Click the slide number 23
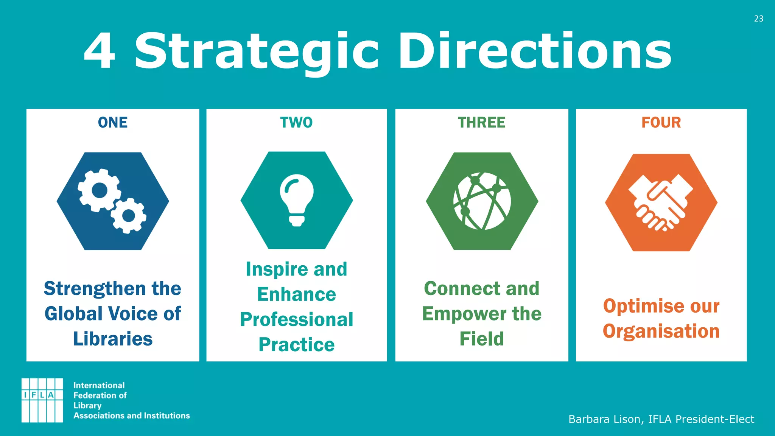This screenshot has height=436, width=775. click(x=758, y=19)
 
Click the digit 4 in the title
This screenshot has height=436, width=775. click(x=99, y=51)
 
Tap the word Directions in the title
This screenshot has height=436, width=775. click(x=535, y=51)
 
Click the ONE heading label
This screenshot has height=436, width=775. click(x=113, y=123)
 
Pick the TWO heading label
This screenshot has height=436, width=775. click(x=296, y=123)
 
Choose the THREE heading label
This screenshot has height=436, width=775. click(x=481, y=123)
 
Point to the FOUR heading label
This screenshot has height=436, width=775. click(x=661, y=123)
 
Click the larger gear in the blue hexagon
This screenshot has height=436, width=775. click(x=100, y=190)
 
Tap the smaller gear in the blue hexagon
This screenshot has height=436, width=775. click(x=129, y=215)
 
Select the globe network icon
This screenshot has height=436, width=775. click(x=482, y=201)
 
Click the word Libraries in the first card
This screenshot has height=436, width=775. click(x=113, y=339)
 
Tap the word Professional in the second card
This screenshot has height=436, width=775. click(x=297, y=319)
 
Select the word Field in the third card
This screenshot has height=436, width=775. click(x=482, y=339)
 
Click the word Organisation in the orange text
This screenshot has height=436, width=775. click(x=661, y=331)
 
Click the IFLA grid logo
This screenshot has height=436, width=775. click(x=42, y=400)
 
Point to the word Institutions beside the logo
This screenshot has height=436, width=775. click(x=167, y=416)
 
